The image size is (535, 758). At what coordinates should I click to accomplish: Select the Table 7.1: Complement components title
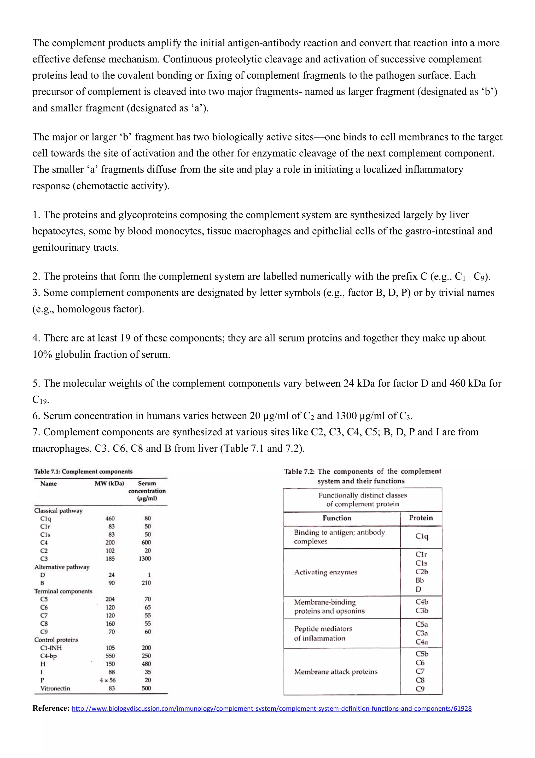tap(83, 471)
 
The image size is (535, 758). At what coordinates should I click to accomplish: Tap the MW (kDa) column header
tap(109, 484)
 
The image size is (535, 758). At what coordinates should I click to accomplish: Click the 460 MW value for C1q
tap(110, 518)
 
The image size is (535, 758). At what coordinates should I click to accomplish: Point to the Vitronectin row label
tap(55, 688)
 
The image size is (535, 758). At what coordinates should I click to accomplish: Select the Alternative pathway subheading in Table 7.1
tap(62, 567)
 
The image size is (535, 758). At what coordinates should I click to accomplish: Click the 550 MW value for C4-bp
tap(110, 656)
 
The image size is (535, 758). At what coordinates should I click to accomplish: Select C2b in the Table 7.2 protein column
tap(422, 571)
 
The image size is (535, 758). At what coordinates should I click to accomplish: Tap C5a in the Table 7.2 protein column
tap(422, 624)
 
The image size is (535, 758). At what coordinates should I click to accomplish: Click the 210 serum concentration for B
tap(146, 583)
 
